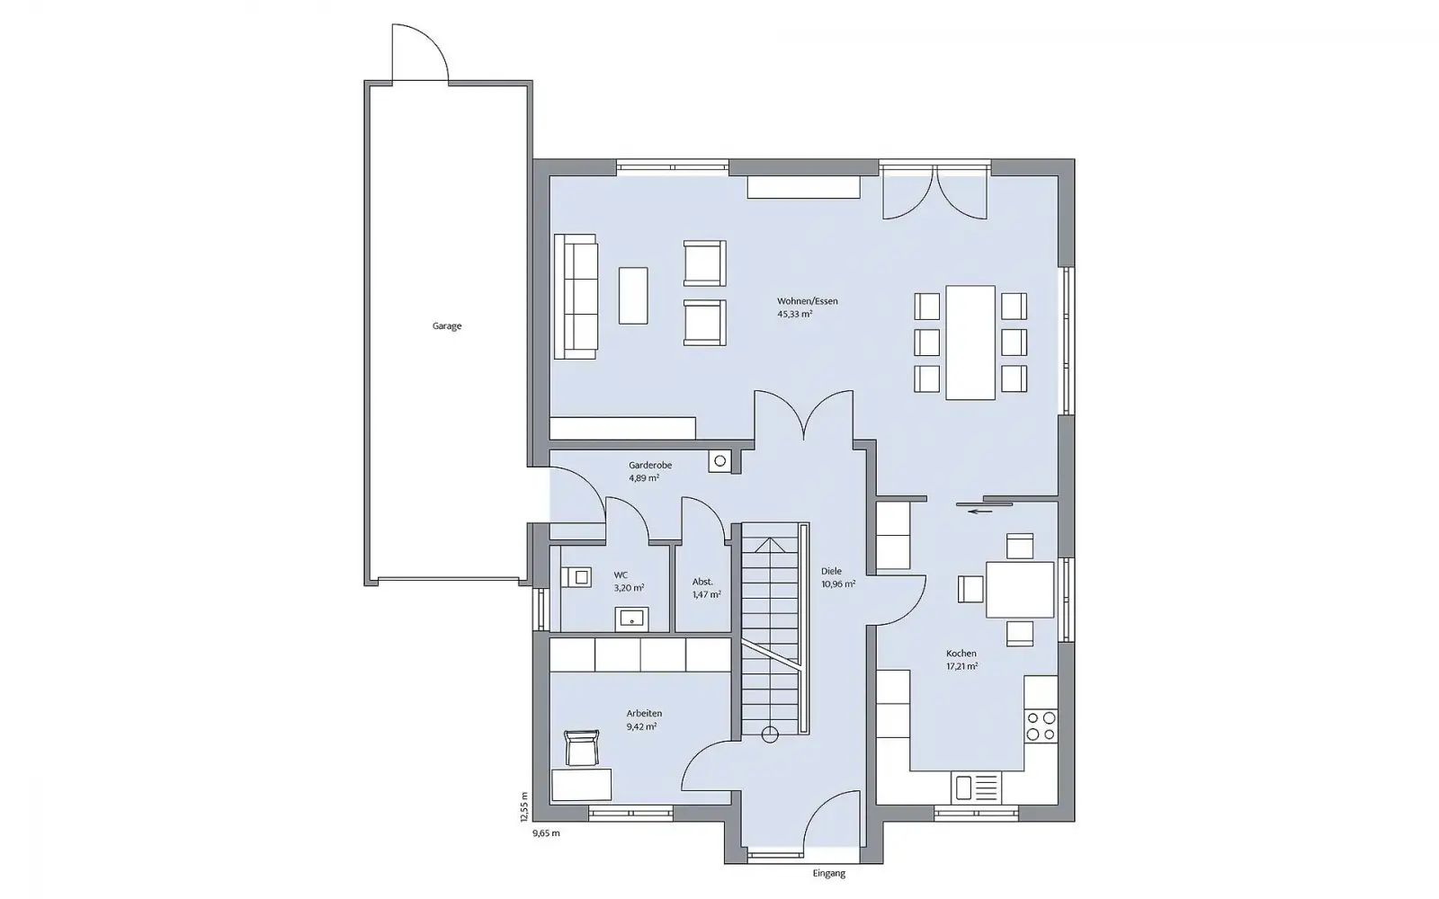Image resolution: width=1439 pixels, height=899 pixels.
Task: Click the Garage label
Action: [x=446, y=326]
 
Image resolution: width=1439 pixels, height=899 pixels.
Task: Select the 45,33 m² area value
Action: [x=795, y=315]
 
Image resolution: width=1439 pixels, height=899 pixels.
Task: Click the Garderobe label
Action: [x=650, y=465]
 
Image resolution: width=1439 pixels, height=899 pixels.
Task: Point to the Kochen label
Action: [x=961, y=654]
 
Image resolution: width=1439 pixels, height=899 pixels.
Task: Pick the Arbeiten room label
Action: [x=644, y=714]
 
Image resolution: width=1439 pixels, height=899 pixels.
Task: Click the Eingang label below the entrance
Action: [x=828, y=873]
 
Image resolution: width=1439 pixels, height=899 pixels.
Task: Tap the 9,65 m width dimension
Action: [x=546, y=833]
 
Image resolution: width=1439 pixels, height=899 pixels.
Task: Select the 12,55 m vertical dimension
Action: [x=524, y=807]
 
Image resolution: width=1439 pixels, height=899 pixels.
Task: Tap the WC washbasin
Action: [x=632, y=619]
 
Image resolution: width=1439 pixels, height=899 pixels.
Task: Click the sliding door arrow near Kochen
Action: [x=980, y=512]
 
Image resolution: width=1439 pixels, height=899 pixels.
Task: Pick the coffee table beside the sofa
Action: [x=633, y=296]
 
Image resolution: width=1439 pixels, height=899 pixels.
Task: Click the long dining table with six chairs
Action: [x=970, y=343]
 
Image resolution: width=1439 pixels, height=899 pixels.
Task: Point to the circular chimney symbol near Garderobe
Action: [x=720, y=460]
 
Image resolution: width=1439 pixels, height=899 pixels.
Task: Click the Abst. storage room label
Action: [x=702, y=582]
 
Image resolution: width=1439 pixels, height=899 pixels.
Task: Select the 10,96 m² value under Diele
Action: [x=838, y=584]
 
